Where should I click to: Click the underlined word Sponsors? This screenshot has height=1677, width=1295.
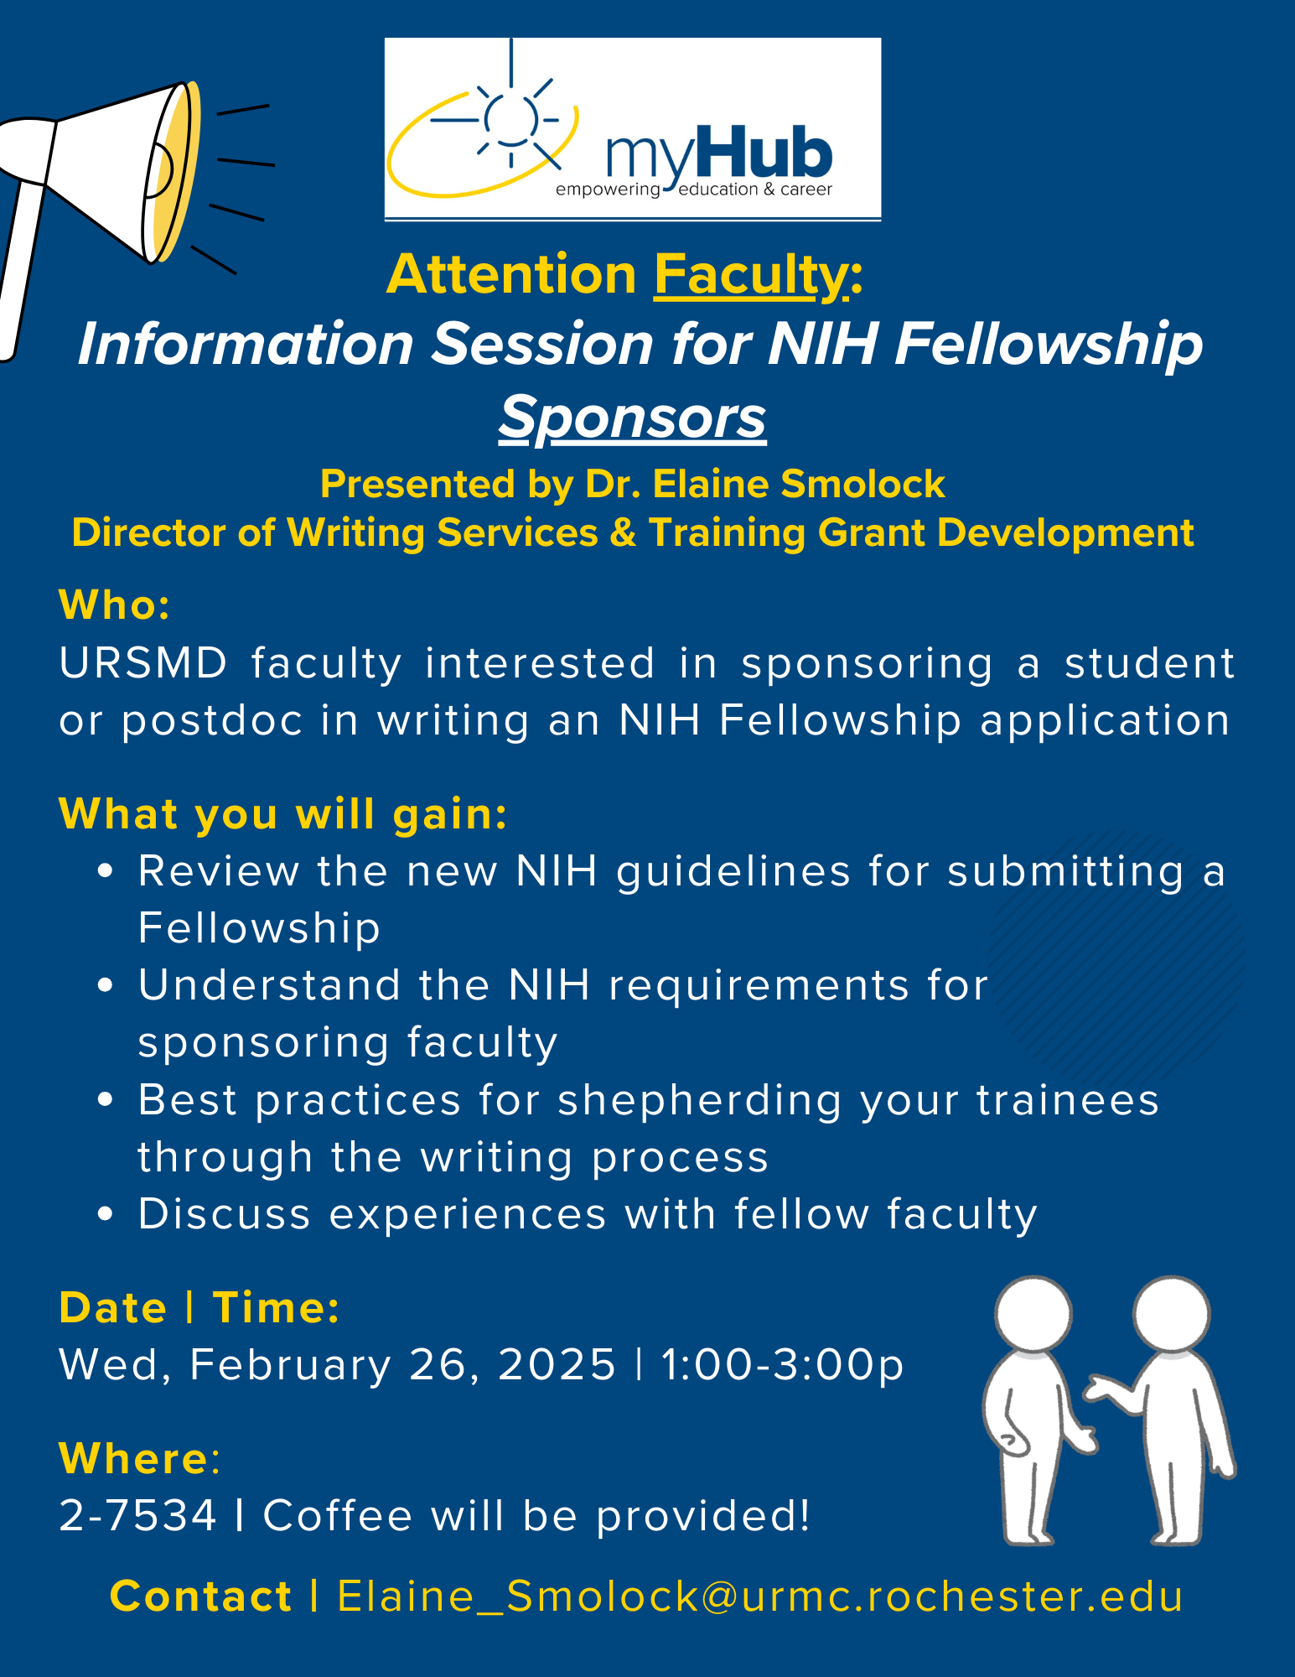tap(633, 417)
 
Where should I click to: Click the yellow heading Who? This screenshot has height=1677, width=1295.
tap(115, 605)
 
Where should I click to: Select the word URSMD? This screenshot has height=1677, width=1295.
tap(143, 663)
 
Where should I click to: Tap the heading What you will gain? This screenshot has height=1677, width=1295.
tap(283, 814)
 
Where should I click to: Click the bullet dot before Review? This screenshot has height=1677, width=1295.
tap(105, 871)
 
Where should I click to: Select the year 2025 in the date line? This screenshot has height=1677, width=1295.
tap(557, 1364)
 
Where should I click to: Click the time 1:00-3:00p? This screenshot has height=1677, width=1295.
tap(783, 1365)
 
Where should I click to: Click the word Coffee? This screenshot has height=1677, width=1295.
tap(338, 1515)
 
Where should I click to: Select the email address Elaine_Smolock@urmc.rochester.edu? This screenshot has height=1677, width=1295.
tap(760, 1596)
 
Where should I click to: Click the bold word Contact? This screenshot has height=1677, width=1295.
tap(201, 1596)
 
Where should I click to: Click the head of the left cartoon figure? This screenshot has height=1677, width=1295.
tap(1033, 1315)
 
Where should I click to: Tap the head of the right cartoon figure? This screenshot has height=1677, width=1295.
tap(1172, 1315)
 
